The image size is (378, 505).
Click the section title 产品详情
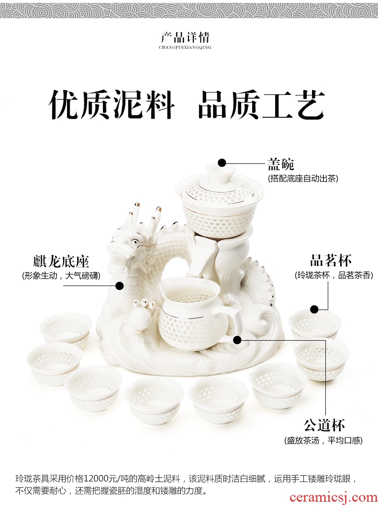(x=185, y=38)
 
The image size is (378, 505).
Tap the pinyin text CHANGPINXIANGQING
(x=185, y=47)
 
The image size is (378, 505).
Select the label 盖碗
(x=280, y=164)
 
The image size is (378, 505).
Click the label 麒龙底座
(x=61, y=261)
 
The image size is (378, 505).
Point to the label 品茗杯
(x=331, y=260)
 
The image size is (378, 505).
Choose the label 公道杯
(x=324, y=425)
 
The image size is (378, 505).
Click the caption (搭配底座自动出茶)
(x=303, y=178)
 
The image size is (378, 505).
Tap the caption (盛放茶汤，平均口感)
(x=323, y=440)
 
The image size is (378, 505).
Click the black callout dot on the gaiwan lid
(x=222, y=163)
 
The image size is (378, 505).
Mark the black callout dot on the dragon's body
(x=120, y=286)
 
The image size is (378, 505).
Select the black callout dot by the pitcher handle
(x=237, y=339)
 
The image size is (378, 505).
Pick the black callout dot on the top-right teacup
(x=314, y=310)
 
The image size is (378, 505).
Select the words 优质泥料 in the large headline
(x=112, y=104)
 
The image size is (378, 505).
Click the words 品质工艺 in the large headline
(x=261, y=104)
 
